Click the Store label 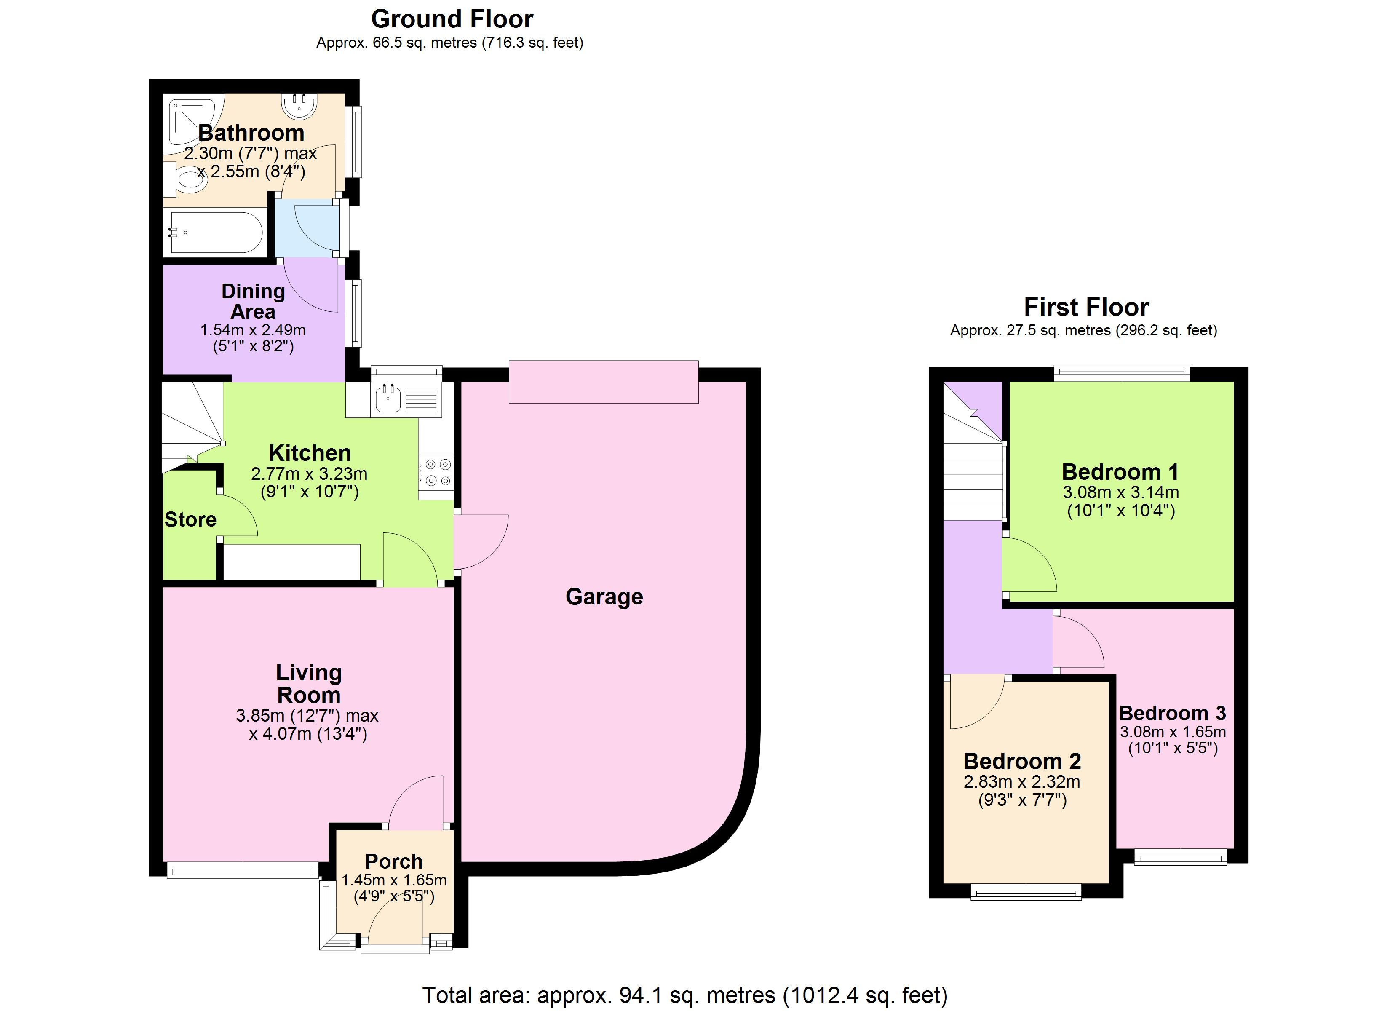coord(191,519)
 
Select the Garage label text coord(604,596)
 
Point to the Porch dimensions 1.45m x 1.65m coord(394,880)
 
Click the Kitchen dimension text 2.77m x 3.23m coord(310,473)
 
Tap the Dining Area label coord(253,301)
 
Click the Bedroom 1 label coord(1120,472)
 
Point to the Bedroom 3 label coord(1172,713)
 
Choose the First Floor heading coord(1087,307)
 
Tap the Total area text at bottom coord(685,995)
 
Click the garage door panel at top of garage coord(604,382)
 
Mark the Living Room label coord(309,684)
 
